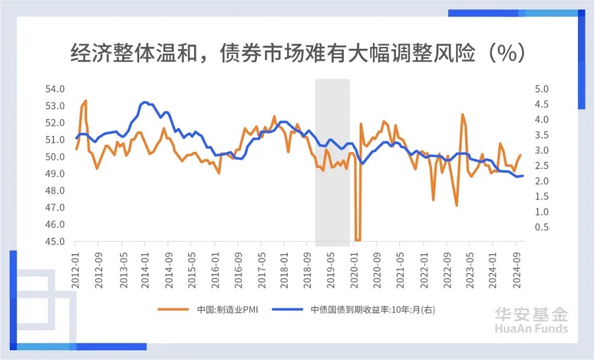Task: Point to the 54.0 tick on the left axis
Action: (55, 89)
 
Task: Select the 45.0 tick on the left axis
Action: (55, 242)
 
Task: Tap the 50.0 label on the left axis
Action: (55, 157)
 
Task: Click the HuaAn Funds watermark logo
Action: (532, 320)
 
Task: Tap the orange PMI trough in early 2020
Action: (358, 239)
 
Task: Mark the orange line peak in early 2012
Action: (85, 101)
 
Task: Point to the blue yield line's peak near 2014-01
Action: (145, 102)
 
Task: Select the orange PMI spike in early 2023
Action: (463, 115)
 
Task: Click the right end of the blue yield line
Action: (523, 176)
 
